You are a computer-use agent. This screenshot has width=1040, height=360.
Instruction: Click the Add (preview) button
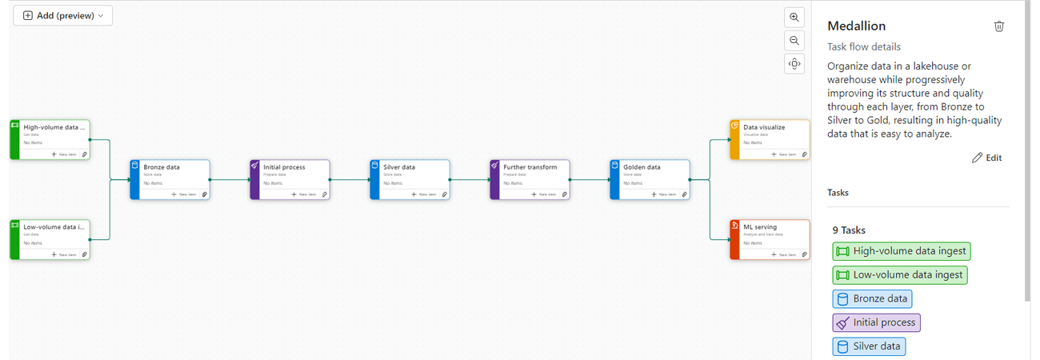click(x=63, y=15)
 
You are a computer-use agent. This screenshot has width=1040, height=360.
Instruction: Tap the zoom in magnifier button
click(x=794, y=17)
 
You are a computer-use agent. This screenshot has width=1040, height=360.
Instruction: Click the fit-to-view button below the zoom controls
click(x=794, y=64)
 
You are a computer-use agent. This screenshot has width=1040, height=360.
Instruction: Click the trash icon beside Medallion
click(x=999, y=26)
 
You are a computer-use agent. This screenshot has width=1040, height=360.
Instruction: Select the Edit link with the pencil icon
click(x=986, y=158)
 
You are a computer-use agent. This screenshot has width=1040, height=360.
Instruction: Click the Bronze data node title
click(x=162, y=167)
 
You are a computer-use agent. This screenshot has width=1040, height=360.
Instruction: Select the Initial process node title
click(x=284, y=167)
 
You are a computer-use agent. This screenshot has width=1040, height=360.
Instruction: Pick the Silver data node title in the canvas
click(x=398, y=167)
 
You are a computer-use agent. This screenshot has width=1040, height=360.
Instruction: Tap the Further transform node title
click(x=530, y=167)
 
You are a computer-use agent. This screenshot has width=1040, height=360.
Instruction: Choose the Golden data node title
click(x=642, y=167)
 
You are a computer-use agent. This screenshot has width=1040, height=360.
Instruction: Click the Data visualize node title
click(x=764, y=127)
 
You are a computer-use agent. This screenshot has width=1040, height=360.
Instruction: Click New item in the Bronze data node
click(x=184, y=194)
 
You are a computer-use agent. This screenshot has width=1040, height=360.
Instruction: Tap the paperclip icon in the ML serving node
click(x=804, y=254)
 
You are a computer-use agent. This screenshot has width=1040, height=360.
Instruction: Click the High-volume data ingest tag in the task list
click(x=902, y=251)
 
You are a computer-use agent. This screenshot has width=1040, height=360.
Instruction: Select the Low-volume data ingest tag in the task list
click(x=900, y=275)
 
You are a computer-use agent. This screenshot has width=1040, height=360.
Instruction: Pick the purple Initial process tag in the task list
click(x=876, y=323)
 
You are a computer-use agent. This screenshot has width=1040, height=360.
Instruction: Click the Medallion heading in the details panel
click(x=856, y=26)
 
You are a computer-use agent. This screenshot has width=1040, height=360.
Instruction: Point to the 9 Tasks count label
click(x=849, y=230)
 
